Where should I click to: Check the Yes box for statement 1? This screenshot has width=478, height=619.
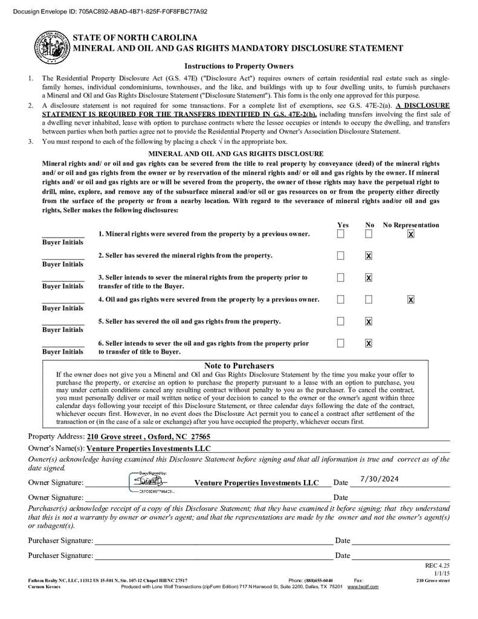pos(341,234)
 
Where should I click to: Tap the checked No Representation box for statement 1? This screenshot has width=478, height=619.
pos(411,234)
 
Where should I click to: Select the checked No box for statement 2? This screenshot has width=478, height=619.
pos(369,256)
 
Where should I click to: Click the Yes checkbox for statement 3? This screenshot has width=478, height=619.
pos(341,277)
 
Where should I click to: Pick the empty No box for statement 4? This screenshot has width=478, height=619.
pos(369,299)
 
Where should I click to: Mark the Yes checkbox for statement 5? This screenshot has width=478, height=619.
pos(341,321)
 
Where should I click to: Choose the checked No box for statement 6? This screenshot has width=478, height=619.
pos(369,343)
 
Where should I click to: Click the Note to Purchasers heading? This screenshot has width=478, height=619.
pos(239,366)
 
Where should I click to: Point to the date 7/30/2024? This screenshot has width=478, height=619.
pos(379,479)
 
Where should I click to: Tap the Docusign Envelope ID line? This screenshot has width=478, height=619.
pos(105,11)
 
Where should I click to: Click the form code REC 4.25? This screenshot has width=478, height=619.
pos(438,565)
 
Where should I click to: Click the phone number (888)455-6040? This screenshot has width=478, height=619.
pos(318,580)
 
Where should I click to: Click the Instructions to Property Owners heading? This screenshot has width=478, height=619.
pos(239,66)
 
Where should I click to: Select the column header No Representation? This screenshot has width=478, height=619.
pos(411,225)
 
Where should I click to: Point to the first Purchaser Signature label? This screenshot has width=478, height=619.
pos(60,540)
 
